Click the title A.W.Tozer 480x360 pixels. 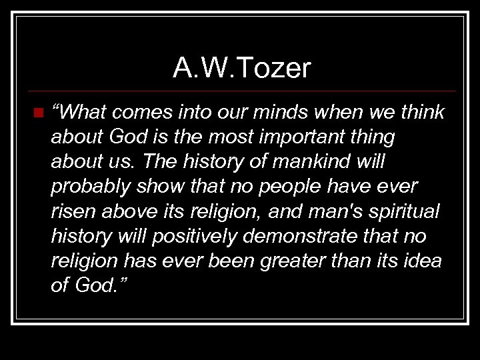pyautogui.click(x=242, y=68)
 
